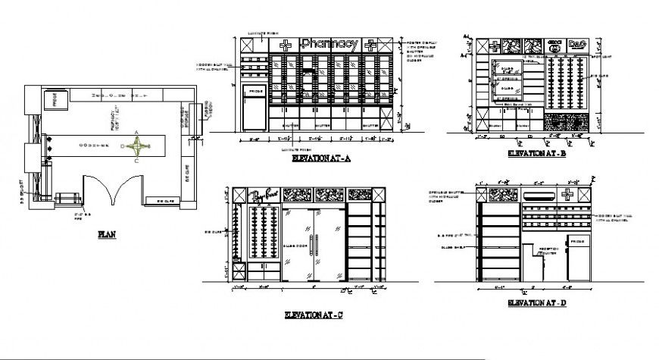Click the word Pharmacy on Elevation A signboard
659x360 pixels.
pyautogui.click(x=329, y=44)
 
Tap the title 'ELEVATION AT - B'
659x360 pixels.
pyautogui.click(x=538, y=153)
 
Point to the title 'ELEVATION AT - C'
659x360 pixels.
pyautogui.click(x=312, y=315)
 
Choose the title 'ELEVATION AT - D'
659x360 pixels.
pyautogui.click(x=537, y=303)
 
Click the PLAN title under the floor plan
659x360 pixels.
pyautogui.click(x=108, y=235)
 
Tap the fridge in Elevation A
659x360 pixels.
pyautogui.click(x=254, y=109)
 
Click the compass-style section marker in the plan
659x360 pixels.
pyautogui.click(x=136, y=146)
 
